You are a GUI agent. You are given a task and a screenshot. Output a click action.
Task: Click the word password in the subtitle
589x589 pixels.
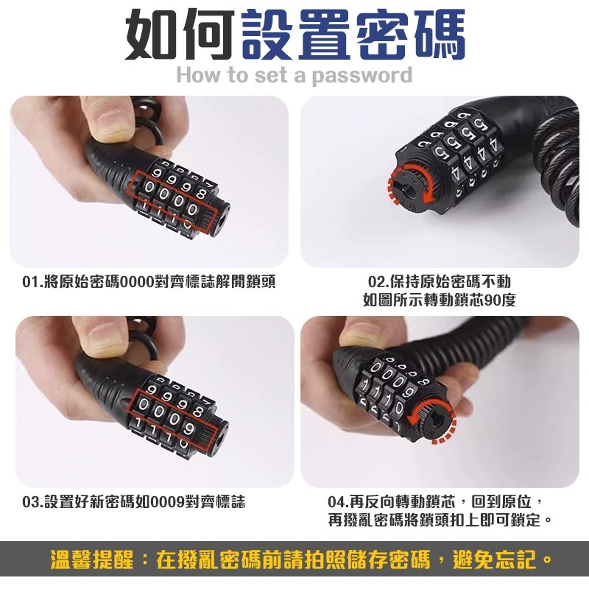362,75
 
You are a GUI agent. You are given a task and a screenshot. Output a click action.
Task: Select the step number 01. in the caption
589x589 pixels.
32,282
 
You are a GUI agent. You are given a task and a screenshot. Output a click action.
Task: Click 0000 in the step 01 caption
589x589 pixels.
135,282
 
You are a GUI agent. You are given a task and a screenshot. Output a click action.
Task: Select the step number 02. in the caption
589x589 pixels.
378,282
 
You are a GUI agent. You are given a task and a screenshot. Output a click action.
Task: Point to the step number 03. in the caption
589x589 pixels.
32,502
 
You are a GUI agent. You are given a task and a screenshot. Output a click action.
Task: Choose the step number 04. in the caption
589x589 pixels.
338,502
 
